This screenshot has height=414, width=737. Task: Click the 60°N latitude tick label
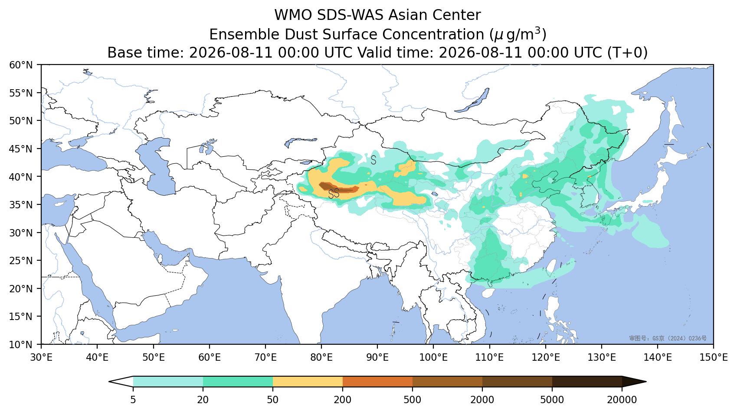coord(21,65)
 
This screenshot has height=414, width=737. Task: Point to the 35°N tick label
coord(21,205)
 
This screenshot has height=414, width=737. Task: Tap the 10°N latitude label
coord(21,345)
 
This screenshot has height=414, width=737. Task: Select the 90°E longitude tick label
coord(377,357)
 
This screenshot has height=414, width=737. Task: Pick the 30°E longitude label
coord(41,357)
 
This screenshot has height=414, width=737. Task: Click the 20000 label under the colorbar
coord(622,400)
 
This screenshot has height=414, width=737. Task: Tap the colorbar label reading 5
coord(133,400)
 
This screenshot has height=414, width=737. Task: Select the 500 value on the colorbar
coord(412,400)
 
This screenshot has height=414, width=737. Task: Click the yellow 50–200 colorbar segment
coord(308,382)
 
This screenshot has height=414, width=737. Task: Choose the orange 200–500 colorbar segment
coord(378,382)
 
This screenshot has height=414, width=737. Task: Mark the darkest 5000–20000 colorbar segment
coord(587,382)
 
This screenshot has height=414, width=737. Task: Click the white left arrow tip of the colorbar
coord(109,382)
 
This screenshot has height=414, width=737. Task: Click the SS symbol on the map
coord(334,194)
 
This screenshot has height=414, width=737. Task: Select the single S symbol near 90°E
coord(373,160)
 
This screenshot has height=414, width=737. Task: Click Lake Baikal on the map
coord(472,100)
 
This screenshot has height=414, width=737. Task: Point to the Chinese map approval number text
coord(668,338)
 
